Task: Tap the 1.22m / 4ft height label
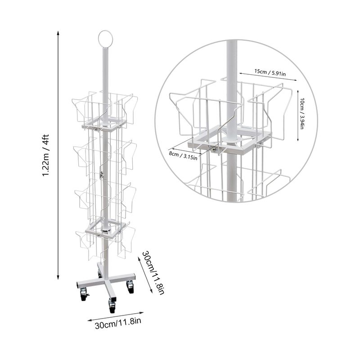click(x=46, y=155)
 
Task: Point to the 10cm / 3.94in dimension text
click(x=301, y=113)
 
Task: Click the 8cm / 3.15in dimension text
click(x=183, y=156)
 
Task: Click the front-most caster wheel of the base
click(x=112, y=306)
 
